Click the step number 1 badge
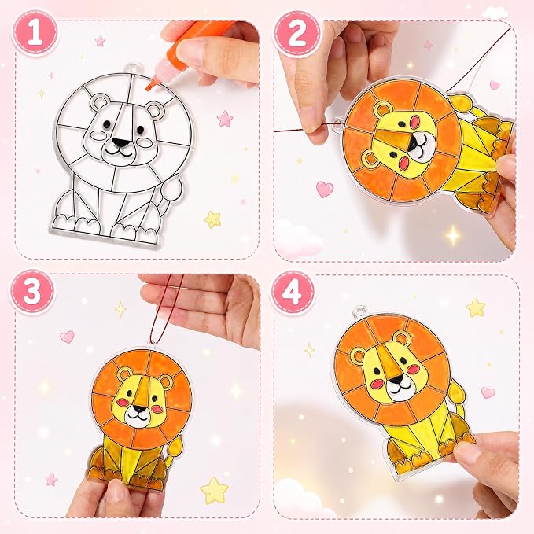tap(35, 33)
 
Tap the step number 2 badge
tap(297, 33)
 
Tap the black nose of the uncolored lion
tap(120, 142)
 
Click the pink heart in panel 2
tap(325, 189)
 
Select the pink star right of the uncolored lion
tap(225, 118)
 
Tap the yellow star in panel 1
tap(213, 219)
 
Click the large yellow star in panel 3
tap(214, 491)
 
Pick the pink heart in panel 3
tap(67, 337)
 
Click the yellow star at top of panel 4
tap(476, 308)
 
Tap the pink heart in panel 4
tap(488, 392)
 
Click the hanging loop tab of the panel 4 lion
tap(359, 311)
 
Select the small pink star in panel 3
tap(51, 479)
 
